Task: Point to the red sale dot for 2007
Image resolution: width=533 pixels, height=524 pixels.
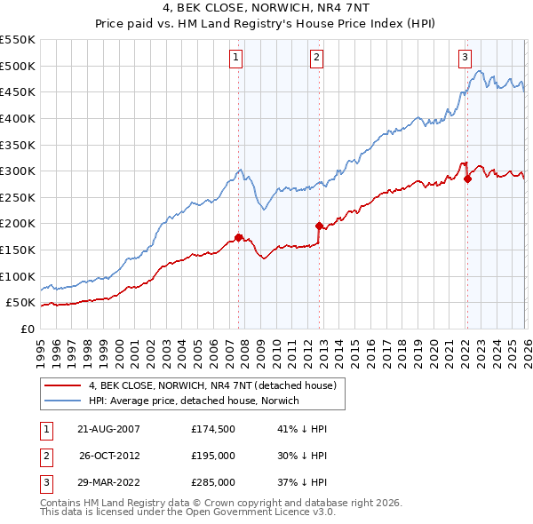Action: (x=238, y=237)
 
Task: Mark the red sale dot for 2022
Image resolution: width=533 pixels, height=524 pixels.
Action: (x=467, y=179)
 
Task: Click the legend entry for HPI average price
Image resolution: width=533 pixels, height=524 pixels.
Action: (x=194, y=401)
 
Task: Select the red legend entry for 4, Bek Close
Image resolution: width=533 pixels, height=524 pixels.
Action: (x=211, y=386)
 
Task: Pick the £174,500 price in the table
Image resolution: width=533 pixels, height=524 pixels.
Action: (x=213, y=429)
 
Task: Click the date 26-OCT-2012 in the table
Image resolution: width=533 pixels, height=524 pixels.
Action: (x=109, y=456)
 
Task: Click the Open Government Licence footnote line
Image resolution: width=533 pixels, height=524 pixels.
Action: (x=187, y=512)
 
